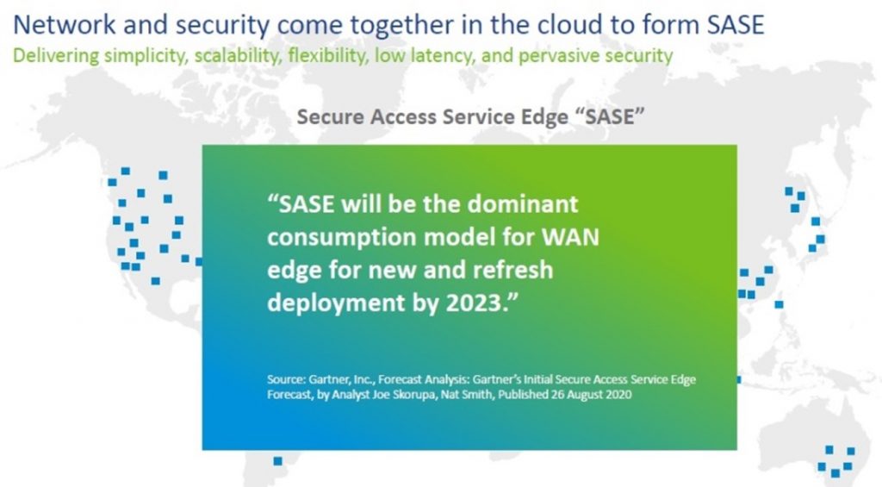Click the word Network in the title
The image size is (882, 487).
click(64, 25)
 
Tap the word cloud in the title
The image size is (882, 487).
click(575, 25)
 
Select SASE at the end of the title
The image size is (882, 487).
click(736, 25)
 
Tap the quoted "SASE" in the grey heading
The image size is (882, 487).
click(610, 116)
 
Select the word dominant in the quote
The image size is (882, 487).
click(523, 203)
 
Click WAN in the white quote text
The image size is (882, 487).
click(570, 236)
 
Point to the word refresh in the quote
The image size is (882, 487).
click(512, 269)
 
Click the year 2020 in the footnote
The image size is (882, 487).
click(618, 394)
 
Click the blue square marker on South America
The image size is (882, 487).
click(277, 461)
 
